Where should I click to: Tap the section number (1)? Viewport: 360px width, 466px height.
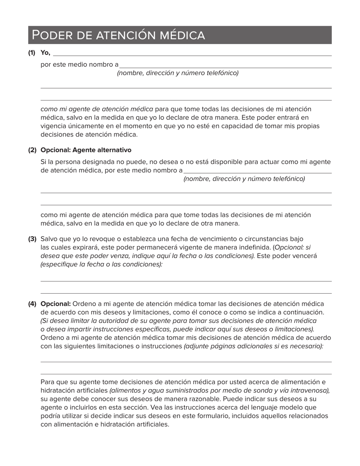pyautogui.click(x=31, y=53)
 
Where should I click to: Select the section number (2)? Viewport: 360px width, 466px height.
pyautogui.click(x=32, y=150)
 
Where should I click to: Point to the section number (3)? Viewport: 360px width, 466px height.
pyautogui.click(x=32, y=239)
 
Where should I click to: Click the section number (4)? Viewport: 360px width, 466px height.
pyautogui.click(x=32, y=304)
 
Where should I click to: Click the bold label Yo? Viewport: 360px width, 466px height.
pyautogui.click(x=45, y=53)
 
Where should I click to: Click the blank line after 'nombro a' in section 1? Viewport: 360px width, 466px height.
pyautogui.click(x=225, y=67)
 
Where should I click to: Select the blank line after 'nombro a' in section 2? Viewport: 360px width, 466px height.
pyautogui.click(x=258, y=172)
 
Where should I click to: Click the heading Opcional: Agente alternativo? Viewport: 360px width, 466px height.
pyautogui.click(x=86, y=150)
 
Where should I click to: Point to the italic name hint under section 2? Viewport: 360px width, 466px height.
pyautogui.click(x=244, y=179)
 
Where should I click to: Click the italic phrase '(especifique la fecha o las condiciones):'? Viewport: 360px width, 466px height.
pyautogui.click(x=102, y=264)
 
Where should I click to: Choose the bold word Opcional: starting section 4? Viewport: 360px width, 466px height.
pyautogui.click(x=56, y=304)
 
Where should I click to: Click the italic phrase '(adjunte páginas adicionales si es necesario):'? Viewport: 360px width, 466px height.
pyautogui.click(x=254, y=346)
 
